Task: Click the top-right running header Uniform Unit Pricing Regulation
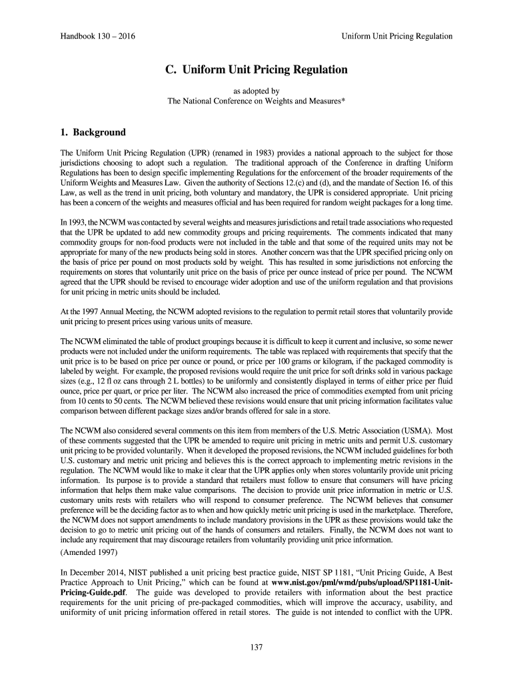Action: coord(397,36)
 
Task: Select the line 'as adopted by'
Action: coord(256,91)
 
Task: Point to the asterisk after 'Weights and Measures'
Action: coord(343,101)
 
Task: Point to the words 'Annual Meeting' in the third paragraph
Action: coord(124,312)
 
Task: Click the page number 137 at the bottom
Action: coord(256,646)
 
